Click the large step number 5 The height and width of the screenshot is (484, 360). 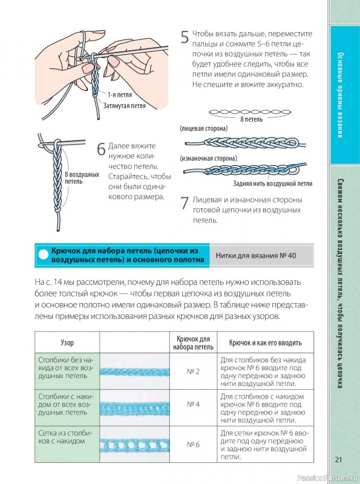pyautogui.click(x=185, y=38)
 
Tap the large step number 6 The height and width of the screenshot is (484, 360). pyautogui.click(x=101, y=149)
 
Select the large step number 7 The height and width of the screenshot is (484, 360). pyautogui.click(x=185, y=203)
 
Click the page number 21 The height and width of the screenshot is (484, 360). pyautogui.click(x=339, y=460)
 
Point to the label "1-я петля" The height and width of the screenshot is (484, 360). pyautogui.click(x=119, y=95)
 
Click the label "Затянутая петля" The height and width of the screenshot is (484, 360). pyautogui.click(x=124, y=106)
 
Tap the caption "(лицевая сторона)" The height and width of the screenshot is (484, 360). pyautogui.click(x=203, y=128)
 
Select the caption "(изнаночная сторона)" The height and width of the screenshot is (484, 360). pyautogui.click(x=208, y=159)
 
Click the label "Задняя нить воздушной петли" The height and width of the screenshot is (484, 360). pyautogui.click(x=273, y=184)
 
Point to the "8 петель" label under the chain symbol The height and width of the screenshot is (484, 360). pyautogui.click(x=251, y=119)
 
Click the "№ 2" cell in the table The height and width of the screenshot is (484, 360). pyautogui.click(x=193, y=371)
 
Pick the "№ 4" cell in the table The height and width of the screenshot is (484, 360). pyautogui.click(x=193, y=404)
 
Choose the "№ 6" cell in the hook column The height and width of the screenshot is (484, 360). pyautogui.click(x=193, y=445)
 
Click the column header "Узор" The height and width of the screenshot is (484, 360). pyautogui.click(x=67, y=342)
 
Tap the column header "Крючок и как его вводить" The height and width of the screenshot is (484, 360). pyautogui.click(x=265, y=342)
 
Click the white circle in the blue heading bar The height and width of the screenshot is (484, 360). pyautogui.click(x=44, y=255)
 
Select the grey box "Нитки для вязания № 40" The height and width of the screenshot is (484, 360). pyautogui.click(x=261, y=255)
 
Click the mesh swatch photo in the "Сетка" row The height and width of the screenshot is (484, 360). pyautogui.click(x=134, y=445)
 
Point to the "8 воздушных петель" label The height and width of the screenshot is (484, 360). pyautogui.click(x=82, y=178)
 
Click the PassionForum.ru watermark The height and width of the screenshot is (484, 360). pyautogui.click(x=328, y=478)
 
